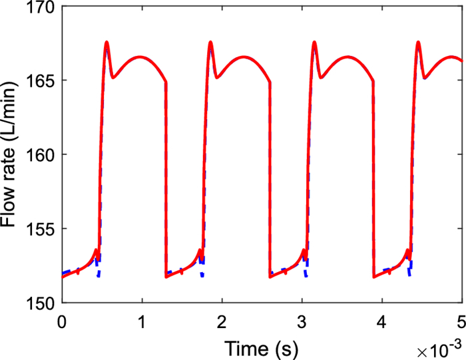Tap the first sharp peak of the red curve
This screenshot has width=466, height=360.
[107, 43]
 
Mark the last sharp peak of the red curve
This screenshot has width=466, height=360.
[418, 43]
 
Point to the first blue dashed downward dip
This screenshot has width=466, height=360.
[99, 275]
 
